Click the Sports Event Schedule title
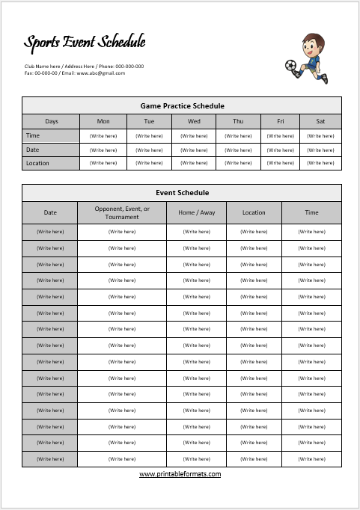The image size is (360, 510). click(85, 43)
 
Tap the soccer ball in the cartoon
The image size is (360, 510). click(290, 67)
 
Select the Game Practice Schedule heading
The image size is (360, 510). click(182, 106)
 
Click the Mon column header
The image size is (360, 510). click(103, 121)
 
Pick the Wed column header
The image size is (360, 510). click(194, 121)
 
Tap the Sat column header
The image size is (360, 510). click(320, 121)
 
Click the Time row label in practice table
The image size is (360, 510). click(33, 135)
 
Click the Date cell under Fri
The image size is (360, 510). click(281, 150)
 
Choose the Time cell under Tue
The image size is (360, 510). click(149, 136)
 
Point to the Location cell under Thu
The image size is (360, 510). click(238, 163)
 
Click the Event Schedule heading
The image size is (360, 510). click(182, 193)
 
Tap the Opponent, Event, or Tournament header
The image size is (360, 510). click(122, 212)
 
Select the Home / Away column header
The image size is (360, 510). click(196, 212)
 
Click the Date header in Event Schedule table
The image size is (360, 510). click(50, 212)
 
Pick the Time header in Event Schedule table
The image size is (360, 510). click(311, 212)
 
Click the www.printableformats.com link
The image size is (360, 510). click(180, 473)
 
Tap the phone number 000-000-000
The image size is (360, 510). click(129, 67)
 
